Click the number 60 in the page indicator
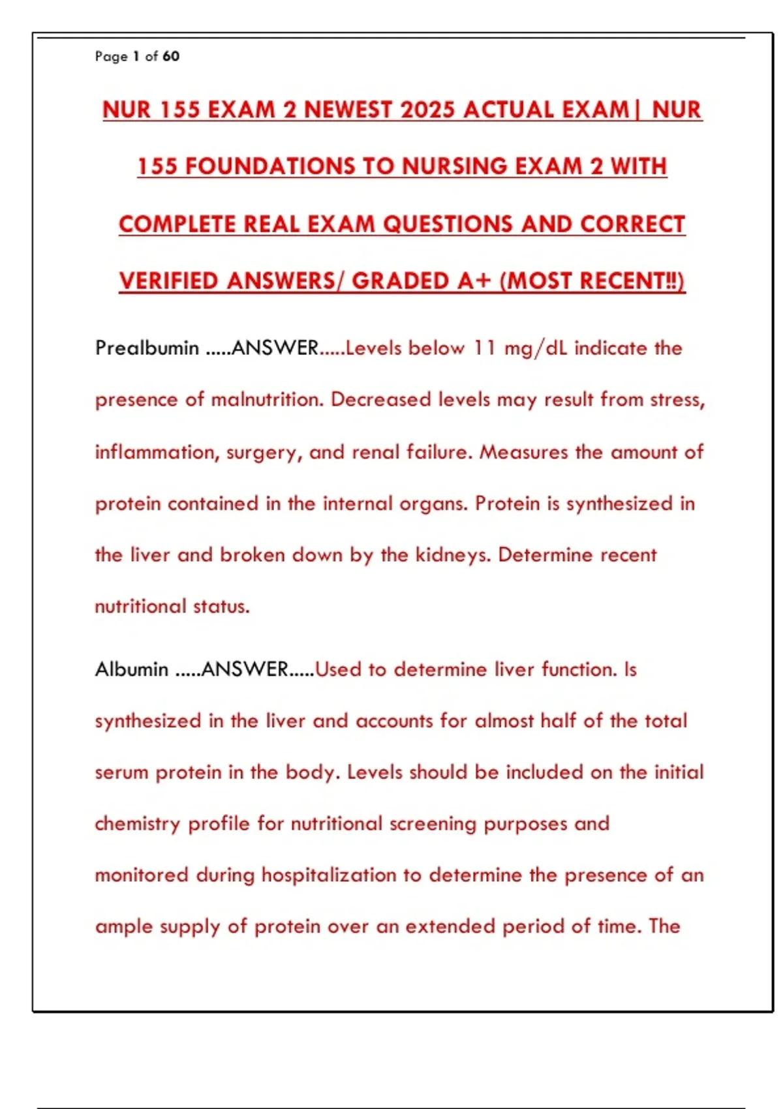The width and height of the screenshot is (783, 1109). click(171, 57)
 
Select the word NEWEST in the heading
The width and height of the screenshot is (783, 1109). click(347, 110)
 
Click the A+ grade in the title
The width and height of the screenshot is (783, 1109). click(474, 281)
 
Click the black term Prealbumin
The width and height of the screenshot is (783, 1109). click(147, 348)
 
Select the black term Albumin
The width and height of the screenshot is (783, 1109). click(131, 669)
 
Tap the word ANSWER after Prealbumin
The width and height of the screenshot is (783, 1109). click(275, 348)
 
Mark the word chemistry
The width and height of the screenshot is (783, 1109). click(137, 824)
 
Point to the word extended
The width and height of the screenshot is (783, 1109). click(450, 926)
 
